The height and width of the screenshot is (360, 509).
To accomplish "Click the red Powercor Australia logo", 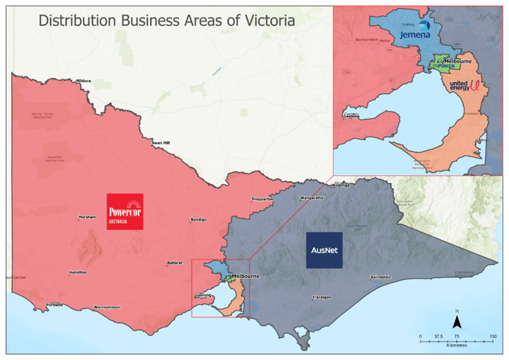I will tap(124, 211).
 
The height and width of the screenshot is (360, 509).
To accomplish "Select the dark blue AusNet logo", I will tap(324, 250).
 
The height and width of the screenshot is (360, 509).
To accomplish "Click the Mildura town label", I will tap(83, 81).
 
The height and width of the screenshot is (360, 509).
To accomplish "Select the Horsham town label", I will tap(87, 217).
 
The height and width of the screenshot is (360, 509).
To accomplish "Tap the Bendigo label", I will tap(199, 220).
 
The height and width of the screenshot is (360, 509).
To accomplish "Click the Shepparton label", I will tap(262, 199).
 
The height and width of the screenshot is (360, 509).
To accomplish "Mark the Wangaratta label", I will tap(311, 198).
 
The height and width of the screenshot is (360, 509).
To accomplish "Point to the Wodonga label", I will tap(341, 185).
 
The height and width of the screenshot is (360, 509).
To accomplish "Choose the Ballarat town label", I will tap(175, 262).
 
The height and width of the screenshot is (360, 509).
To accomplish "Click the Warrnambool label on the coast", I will tap(107, 308).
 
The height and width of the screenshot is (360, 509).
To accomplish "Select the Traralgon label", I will tap(321, 297).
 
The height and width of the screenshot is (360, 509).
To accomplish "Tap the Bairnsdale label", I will tap(381, 277).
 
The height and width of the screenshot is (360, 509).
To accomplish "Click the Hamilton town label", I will tap(78, 272).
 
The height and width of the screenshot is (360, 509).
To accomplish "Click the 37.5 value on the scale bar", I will tap(439, 337).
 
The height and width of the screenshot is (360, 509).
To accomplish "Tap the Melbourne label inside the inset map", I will tap(457, 62).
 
